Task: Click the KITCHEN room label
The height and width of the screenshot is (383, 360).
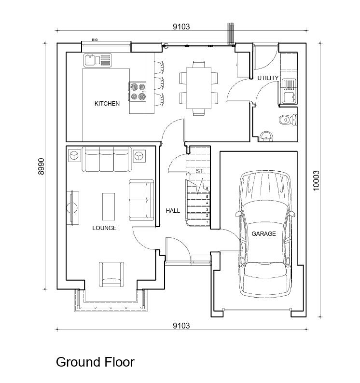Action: pyautogui.click(x=107, y=104)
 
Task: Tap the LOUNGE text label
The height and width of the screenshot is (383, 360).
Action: pyautogui.click(x=104, y=228)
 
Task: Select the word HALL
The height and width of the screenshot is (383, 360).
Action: pyautogui.click(x=173, y=211)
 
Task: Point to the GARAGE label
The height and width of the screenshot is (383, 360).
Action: pyautogui.click(x=263, y=234)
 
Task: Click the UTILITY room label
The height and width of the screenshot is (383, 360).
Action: pyautogui.click(x=267, y=78)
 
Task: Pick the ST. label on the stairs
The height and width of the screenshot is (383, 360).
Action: pyautogui.click(x=200, y=171)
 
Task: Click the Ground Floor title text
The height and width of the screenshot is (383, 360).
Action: pyautogui.click(x=95, y=362)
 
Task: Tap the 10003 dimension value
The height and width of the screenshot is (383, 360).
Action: pyautogui.click(x=316, y=180)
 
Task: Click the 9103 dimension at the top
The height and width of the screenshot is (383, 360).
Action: pyautogui.click(x=181, y=27)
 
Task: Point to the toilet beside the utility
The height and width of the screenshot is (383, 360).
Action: pyautogui.click(x=288, y=119)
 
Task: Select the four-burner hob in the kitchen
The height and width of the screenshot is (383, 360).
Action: pyautogui.click(x=138, y=92)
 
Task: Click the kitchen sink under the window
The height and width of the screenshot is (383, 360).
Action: pyautogui.click(x=97, y=60)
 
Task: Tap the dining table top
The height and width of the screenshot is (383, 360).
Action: pyautogui.click(x=198, y=88)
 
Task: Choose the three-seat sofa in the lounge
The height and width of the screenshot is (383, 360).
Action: pyautogui.click(x=106, y=160)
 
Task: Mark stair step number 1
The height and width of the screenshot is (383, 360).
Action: pyautogui.click(x=207, y=222)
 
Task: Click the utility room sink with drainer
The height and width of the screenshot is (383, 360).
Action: pyautogui.click(x=289, y=91)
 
